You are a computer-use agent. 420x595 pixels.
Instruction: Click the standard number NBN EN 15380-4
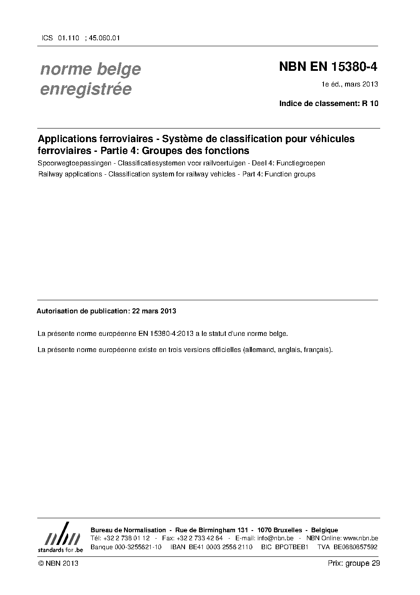328,67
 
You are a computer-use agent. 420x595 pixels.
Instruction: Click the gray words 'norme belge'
90,69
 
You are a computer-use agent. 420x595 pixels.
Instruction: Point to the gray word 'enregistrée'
86,89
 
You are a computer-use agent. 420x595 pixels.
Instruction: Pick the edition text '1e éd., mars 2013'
350,84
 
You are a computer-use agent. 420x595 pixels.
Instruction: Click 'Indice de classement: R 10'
329,103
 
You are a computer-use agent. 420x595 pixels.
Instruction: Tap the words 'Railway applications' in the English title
70,174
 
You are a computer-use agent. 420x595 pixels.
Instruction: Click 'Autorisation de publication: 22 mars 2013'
106,311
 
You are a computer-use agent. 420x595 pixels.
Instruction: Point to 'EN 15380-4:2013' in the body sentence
166,334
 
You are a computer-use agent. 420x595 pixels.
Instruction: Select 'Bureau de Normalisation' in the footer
128,530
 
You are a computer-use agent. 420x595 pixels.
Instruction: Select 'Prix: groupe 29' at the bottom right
354,563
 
